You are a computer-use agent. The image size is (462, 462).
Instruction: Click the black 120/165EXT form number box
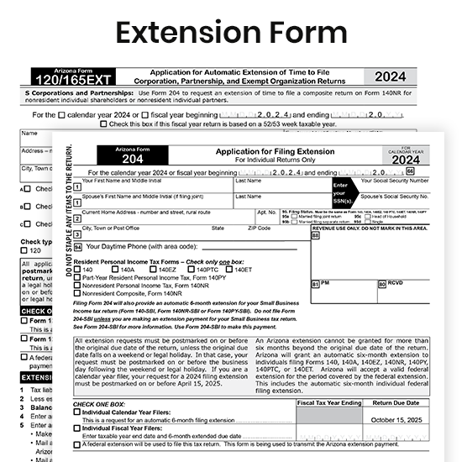[72, 79]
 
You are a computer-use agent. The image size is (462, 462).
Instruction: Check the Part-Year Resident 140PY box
[78, 277]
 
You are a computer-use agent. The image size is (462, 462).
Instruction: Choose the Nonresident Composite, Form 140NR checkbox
[78, 292]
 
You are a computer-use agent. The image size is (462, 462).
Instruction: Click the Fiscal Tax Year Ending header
[330, 403]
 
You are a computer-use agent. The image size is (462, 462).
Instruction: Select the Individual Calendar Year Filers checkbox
[78, 412]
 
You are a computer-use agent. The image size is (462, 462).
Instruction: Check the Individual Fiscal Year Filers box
[78, 428]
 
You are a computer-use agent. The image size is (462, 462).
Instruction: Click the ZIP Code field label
[259, 228]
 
